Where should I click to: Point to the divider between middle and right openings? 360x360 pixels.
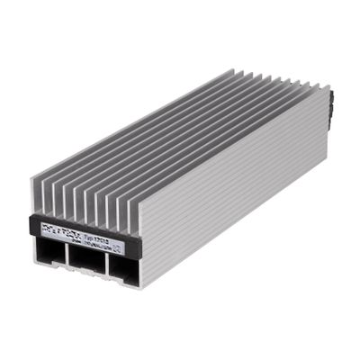pos(104,263)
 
